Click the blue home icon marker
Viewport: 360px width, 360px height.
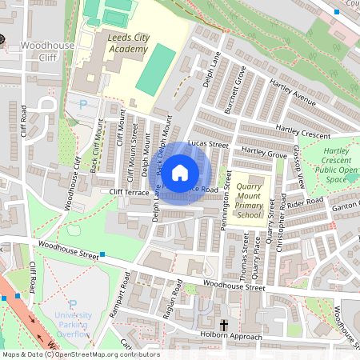[x=180, y=172]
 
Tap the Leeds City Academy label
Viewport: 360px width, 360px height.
[x=127, y=43]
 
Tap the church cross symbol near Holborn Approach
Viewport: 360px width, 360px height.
[x=224, y=325]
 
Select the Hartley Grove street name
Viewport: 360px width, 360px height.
[x=263, y=151]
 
